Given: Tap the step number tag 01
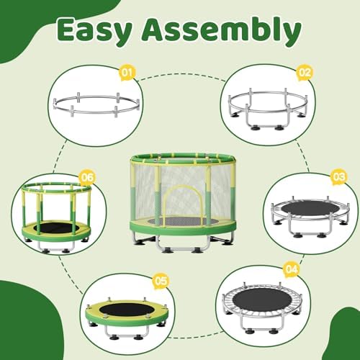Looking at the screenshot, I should [x=128, y=73].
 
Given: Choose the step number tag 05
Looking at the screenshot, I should [x=161, y=281].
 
